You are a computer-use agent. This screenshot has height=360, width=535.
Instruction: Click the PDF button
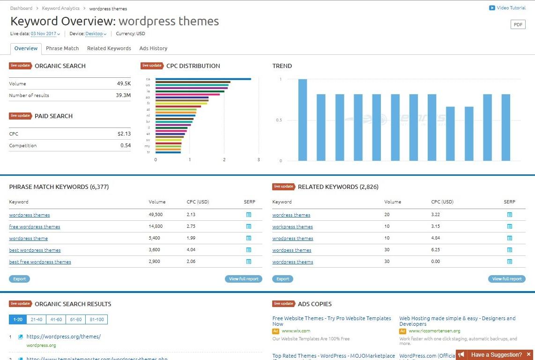[x=518, y=24]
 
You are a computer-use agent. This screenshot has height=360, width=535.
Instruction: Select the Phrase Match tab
[x=62, y=48]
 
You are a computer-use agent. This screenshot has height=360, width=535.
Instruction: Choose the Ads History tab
[x=153, y=48]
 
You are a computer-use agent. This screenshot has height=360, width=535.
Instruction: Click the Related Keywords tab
[x=109, y=48]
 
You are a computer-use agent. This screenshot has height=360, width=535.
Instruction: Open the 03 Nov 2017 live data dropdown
[x=45, y=34]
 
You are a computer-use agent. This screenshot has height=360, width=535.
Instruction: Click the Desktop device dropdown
[x=96, y=34]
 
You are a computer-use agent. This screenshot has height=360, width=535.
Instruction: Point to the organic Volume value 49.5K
[x=124, y=83]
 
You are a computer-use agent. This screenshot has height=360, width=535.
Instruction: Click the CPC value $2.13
[x=124, y=134]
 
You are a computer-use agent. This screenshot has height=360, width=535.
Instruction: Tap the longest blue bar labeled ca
[x=203, y=79]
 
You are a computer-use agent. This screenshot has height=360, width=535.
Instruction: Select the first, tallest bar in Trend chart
[x=303, y=120]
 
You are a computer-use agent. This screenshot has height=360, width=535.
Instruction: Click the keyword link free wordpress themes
[x=35, y=227]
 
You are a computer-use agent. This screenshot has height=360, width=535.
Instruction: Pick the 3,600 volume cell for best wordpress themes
[x=156, y=250]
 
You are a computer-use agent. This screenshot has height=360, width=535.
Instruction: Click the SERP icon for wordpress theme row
[x=249, y=238]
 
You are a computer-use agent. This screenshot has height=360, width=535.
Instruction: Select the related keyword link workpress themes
[x=292, y=227]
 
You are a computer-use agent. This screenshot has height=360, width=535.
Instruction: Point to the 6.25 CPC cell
[x=436, y=250]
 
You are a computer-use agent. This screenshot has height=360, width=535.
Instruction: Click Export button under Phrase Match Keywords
[x=19, y=279]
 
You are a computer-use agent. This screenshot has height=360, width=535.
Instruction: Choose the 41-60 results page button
[x=56, y=320]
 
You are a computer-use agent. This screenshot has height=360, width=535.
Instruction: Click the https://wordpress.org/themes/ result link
[x=63, y=337]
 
